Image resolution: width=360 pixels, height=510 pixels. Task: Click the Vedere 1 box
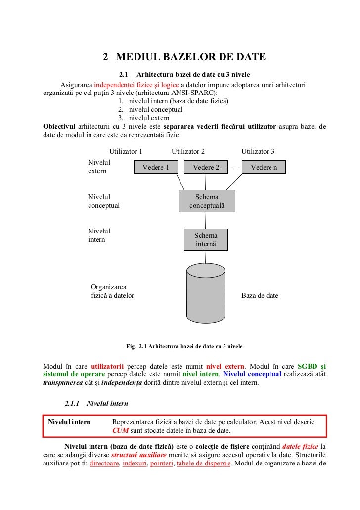pos(156,167)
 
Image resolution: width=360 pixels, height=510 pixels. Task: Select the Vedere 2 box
pos(206,167)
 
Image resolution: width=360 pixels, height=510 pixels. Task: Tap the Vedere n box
pos(264,167)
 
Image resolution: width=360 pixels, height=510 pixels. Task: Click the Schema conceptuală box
pos(207,201)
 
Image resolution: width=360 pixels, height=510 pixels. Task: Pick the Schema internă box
pos(205,240)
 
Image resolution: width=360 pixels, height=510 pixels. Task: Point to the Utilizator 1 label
pos(126,151)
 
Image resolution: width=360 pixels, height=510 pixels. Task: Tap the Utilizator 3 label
pos(258,151)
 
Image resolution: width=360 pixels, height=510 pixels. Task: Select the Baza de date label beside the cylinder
pos(260,296)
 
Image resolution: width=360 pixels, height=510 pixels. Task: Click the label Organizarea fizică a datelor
pos(112,291)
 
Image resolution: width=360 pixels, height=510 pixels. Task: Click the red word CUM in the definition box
pos(120,430)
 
